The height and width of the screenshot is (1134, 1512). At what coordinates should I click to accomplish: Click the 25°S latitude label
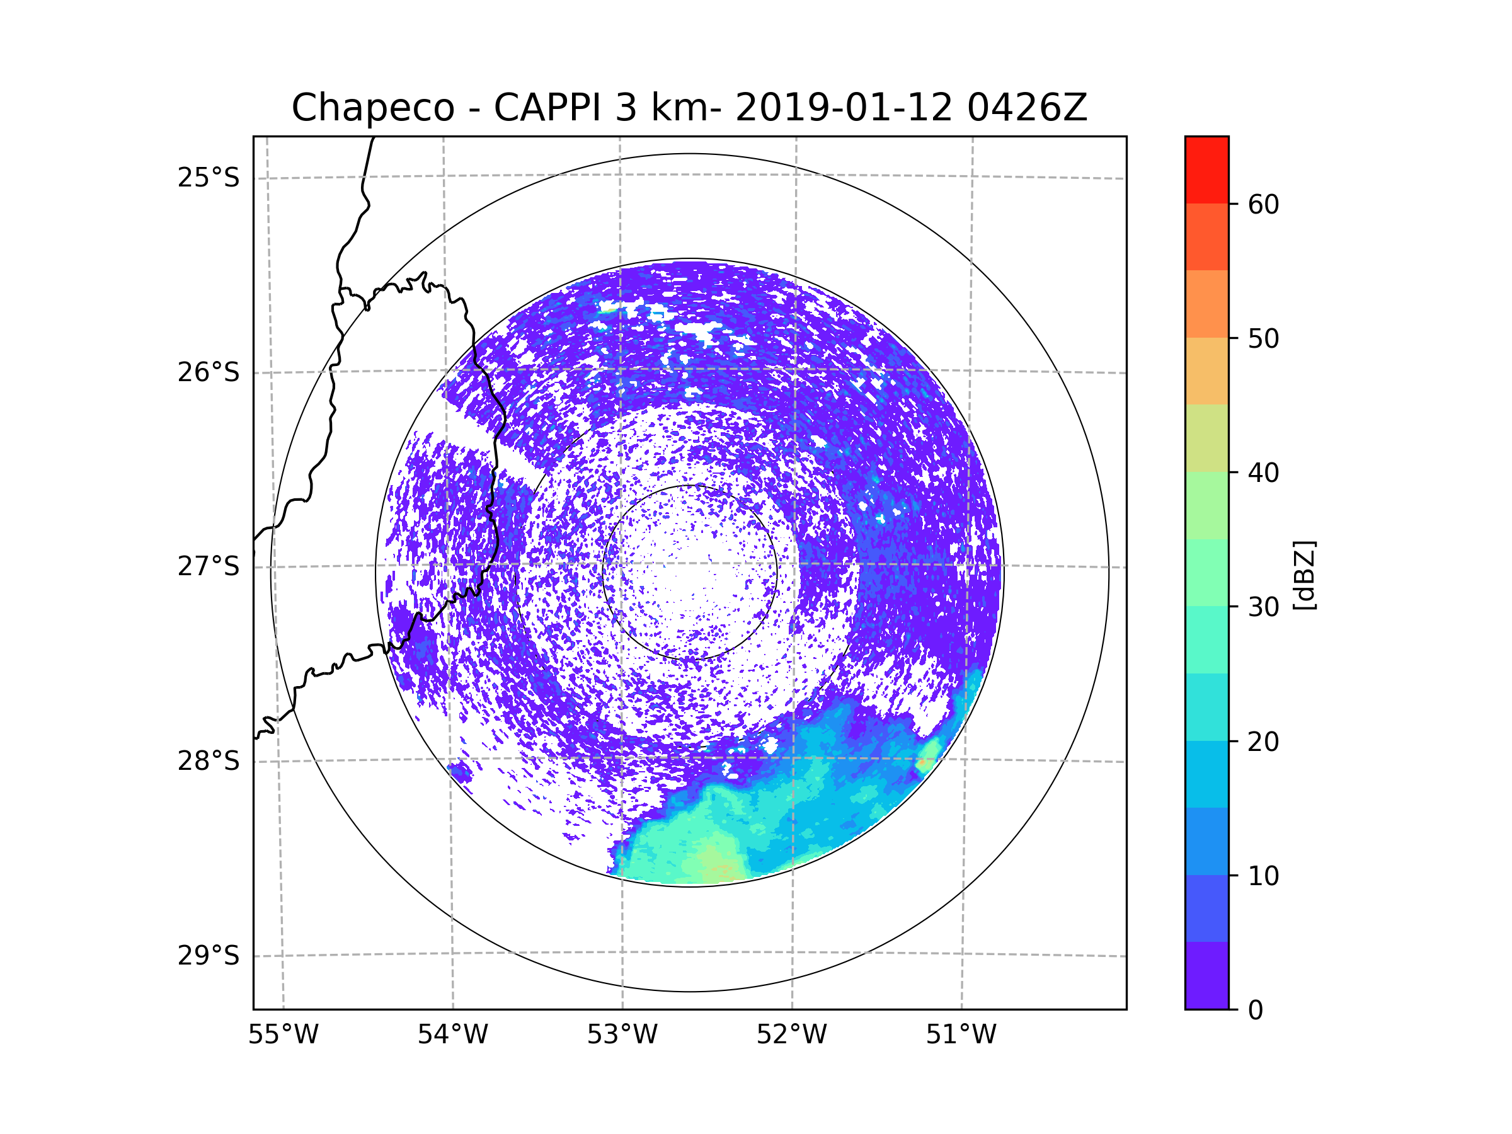pyautogui.click(x=209, y=178)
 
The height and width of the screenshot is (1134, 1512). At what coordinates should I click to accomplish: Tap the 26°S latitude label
pyautogui.click(x=209, y=372)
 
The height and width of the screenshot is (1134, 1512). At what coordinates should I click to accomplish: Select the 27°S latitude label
pyautogui.click(x=209, y=566)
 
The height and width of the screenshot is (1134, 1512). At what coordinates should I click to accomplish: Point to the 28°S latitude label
pyautogui.click(x=209, y=761)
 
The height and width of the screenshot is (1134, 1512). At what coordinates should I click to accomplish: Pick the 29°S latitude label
pyautogui.click(x=209, y=956)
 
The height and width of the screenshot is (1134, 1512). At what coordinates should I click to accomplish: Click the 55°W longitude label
pyautogui.click(x=283, y=1035)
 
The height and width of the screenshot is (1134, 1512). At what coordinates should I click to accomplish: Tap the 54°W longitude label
pyautogui.click(x=452, y=1035)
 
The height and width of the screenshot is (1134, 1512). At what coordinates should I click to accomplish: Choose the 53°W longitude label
pyautogui.click(x=622, y=1035)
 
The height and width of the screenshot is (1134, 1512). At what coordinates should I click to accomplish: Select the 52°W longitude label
pyautogui.click(x=791, y=1035)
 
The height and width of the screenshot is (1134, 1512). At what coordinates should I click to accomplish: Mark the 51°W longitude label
pyautogui.click(x=961, y=1035)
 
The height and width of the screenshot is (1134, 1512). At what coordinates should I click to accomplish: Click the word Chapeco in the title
pyautogui.click(x=372, y=108)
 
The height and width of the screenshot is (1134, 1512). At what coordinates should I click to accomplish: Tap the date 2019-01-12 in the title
pyautogui.click(x=843, y=108)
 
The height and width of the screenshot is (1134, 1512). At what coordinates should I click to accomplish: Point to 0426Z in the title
pyautogui.click(x=1027, y=108)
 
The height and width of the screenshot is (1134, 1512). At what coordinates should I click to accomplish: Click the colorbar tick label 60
pyautogui.click(x=1263, y=204)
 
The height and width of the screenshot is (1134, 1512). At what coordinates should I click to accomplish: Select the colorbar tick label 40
pyautogui.click(x=1263, y=472)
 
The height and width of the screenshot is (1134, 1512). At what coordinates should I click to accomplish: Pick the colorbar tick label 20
pyautogui.click(x=1263, y=742)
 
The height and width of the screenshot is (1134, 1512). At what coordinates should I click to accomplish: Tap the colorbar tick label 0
pyautogui.click(x=1256, y=1011)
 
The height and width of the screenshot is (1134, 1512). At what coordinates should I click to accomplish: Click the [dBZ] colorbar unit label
pyautogui.click(x=1304, y=575)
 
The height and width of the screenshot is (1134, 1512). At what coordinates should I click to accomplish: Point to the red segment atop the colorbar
pyautogui.click(x=1206, y=169)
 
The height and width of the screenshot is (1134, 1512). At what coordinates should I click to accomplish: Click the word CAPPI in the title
pyautogui.click(x=547, y=108)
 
